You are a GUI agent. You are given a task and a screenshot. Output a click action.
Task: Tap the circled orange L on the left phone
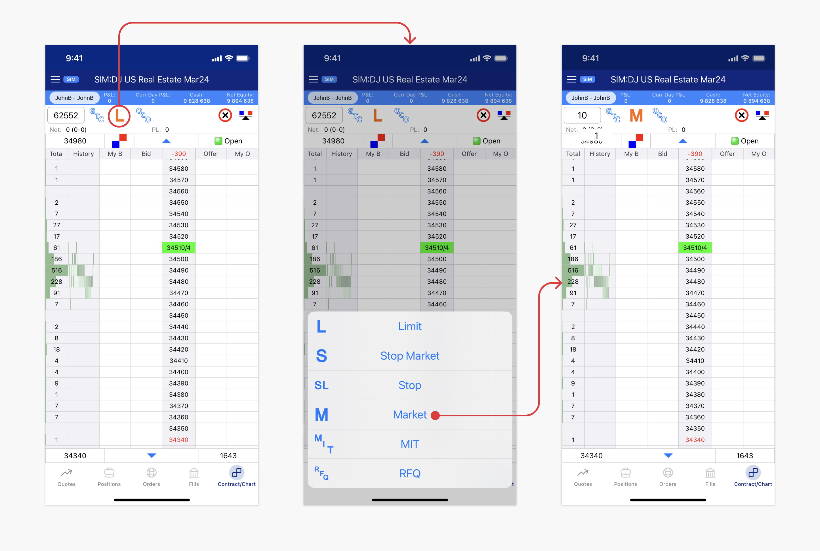(119, 116)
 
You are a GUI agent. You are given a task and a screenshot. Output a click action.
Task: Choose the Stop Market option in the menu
(409, 356)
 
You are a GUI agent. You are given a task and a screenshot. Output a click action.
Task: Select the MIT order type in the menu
(409, 444)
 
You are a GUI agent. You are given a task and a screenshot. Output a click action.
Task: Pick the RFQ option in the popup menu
(409, 473)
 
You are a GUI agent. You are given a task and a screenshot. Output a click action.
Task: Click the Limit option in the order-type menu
(409, 327)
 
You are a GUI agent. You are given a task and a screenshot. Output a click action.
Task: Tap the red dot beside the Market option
(435, 415)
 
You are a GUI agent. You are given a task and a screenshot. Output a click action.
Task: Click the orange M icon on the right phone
(636, 116)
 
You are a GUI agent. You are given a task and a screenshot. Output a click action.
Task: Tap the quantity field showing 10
(582, 115)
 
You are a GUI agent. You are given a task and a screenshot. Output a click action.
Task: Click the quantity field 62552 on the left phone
(66, 115)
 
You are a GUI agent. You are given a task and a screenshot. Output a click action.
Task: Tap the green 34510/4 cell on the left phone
(179, 248)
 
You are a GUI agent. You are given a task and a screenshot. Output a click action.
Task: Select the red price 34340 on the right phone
(695, 440)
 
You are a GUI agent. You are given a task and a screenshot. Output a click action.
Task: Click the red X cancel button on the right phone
(742, 115)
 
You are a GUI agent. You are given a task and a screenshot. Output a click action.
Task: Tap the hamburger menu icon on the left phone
(55, 79)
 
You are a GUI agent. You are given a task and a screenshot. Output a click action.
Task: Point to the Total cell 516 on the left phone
(57, 270)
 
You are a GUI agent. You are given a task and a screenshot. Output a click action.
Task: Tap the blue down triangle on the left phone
(152, 455)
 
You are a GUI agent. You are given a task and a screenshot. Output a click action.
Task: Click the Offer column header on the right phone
(727, 154)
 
